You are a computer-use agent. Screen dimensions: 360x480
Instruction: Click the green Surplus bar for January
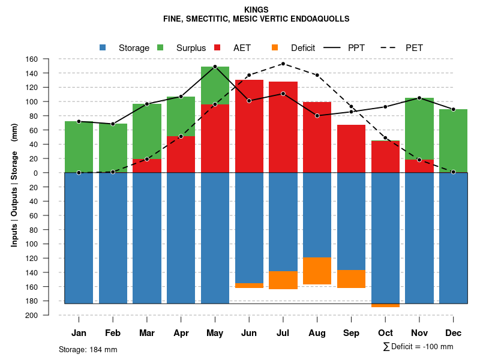click(x=79, y=147)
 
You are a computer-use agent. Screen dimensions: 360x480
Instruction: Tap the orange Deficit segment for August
click(x=317, y=271)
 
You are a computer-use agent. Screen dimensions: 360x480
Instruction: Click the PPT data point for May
click(x=215, y=67)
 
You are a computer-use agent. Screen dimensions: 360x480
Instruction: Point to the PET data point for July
click(x=283, y=64)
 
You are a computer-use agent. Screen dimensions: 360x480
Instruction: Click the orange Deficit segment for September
click(x=352, y=279)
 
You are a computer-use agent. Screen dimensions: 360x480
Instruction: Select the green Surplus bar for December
click(x=454, y=141)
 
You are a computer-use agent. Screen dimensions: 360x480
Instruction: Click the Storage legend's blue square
click(x=103, y=48)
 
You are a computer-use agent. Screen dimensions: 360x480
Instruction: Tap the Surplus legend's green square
click(x=160, y=48)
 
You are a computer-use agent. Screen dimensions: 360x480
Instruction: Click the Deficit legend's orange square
click(x=275, y=48)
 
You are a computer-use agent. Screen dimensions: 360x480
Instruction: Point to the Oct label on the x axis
click(x=386, y=333)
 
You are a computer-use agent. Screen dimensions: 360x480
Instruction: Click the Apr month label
click(x=181, y=333)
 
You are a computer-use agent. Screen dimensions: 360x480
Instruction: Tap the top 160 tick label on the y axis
click(x=32, y=59)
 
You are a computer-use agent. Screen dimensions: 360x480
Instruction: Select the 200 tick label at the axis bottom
click(x=32, y=315)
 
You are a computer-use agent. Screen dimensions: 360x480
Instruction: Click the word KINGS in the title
click(x=256, y=10)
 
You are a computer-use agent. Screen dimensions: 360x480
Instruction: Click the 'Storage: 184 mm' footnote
click(x=88, y=349)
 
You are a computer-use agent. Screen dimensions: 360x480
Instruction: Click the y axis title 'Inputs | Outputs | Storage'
click(x=14, y=198)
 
